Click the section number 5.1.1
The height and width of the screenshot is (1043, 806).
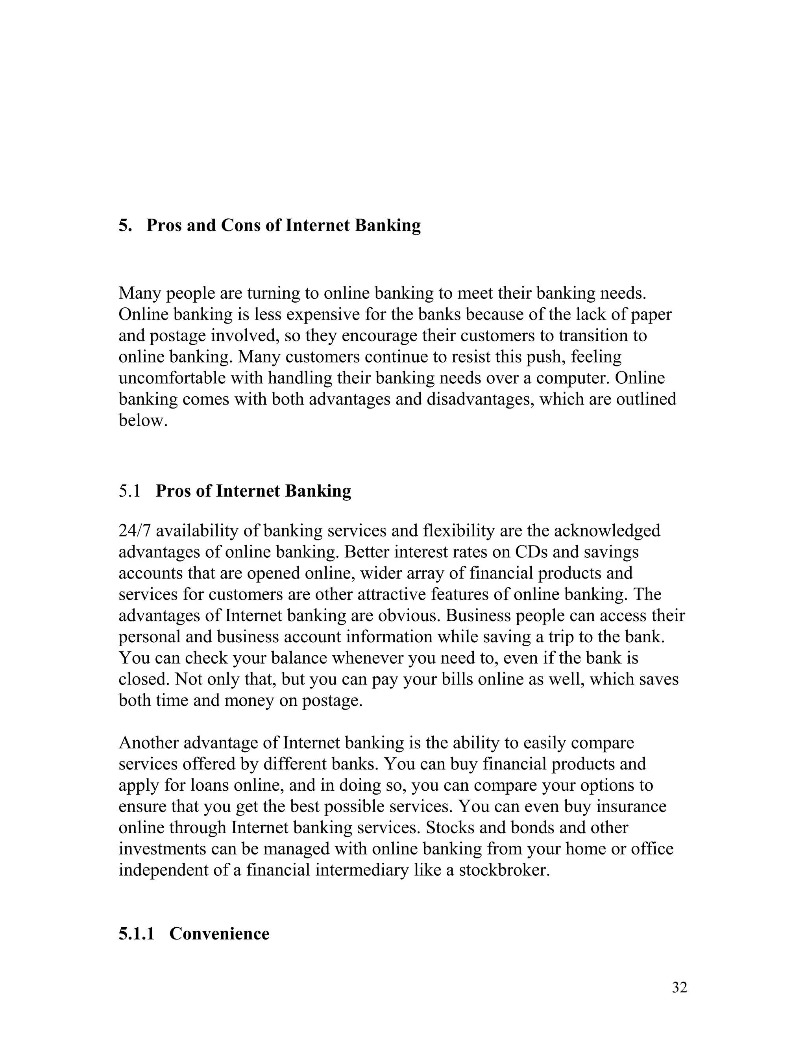tap(137, 933)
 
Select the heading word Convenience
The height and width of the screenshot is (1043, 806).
tap(219, 933)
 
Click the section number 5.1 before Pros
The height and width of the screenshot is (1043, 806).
tap(129, 490)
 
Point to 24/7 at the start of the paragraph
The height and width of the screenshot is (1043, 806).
tap(134, 531)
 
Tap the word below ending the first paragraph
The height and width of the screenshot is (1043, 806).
tap(143, 420)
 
